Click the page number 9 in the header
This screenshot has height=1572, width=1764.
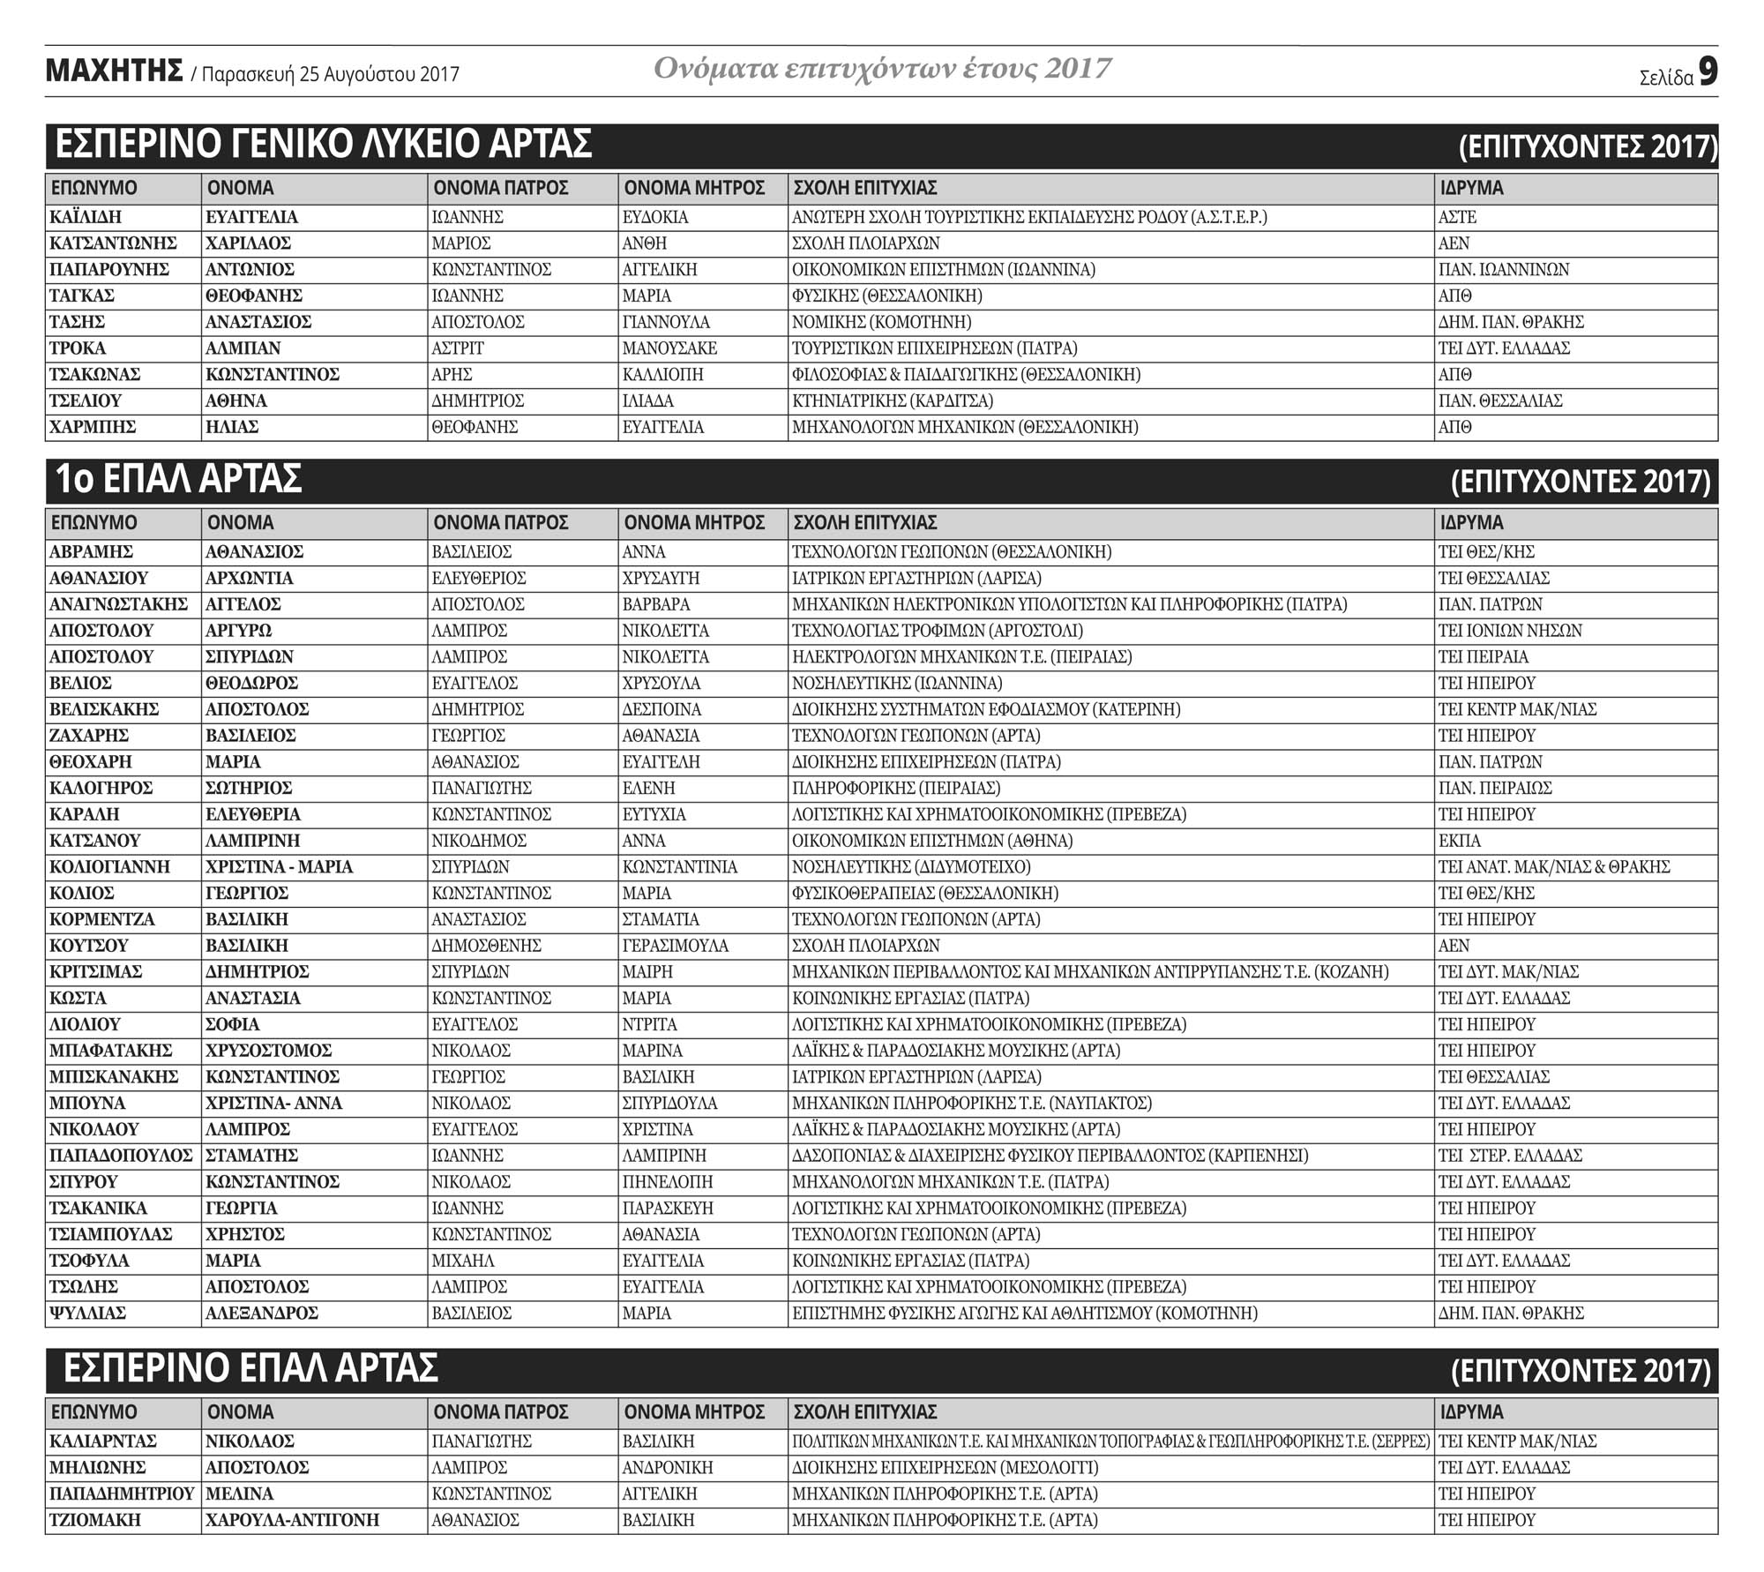(x=1708, y=72)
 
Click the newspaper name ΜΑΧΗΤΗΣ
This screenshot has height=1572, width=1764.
(x=114, y=71)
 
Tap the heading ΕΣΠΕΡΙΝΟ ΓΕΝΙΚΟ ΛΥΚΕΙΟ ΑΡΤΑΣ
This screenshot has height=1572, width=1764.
(x=323, y=145)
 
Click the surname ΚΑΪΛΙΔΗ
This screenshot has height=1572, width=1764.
(x=86, y=217)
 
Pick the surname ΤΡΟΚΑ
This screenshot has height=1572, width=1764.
(x=78, y=348)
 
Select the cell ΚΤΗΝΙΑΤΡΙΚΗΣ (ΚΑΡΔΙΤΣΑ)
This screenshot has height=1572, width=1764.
(x=892, y=401)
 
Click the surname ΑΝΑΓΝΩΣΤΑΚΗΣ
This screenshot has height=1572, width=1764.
(x=118, y=605)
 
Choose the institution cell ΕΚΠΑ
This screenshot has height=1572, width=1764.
(x=1460, y=841)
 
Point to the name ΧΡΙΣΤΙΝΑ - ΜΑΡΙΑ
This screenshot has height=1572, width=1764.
(x=279, y=867)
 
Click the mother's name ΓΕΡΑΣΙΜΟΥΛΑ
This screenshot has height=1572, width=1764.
(x=675, y=946)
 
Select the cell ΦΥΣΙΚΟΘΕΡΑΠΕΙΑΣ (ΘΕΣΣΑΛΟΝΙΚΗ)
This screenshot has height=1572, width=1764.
(x=924, y=894)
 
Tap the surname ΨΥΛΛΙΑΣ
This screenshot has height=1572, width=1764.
(x=87, y=1314)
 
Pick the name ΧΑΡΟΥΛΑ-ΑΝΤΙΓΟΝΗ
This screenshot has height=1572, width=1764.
(x=292, y=1520)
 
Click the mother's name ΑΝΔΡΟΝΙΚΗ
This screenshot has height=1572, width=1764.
(x=667, y=1468)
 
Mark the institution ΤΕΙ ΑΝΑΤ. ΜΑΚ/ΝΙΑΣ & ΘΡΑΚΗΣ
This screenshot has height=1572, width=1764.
(x=1553, y=867)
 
